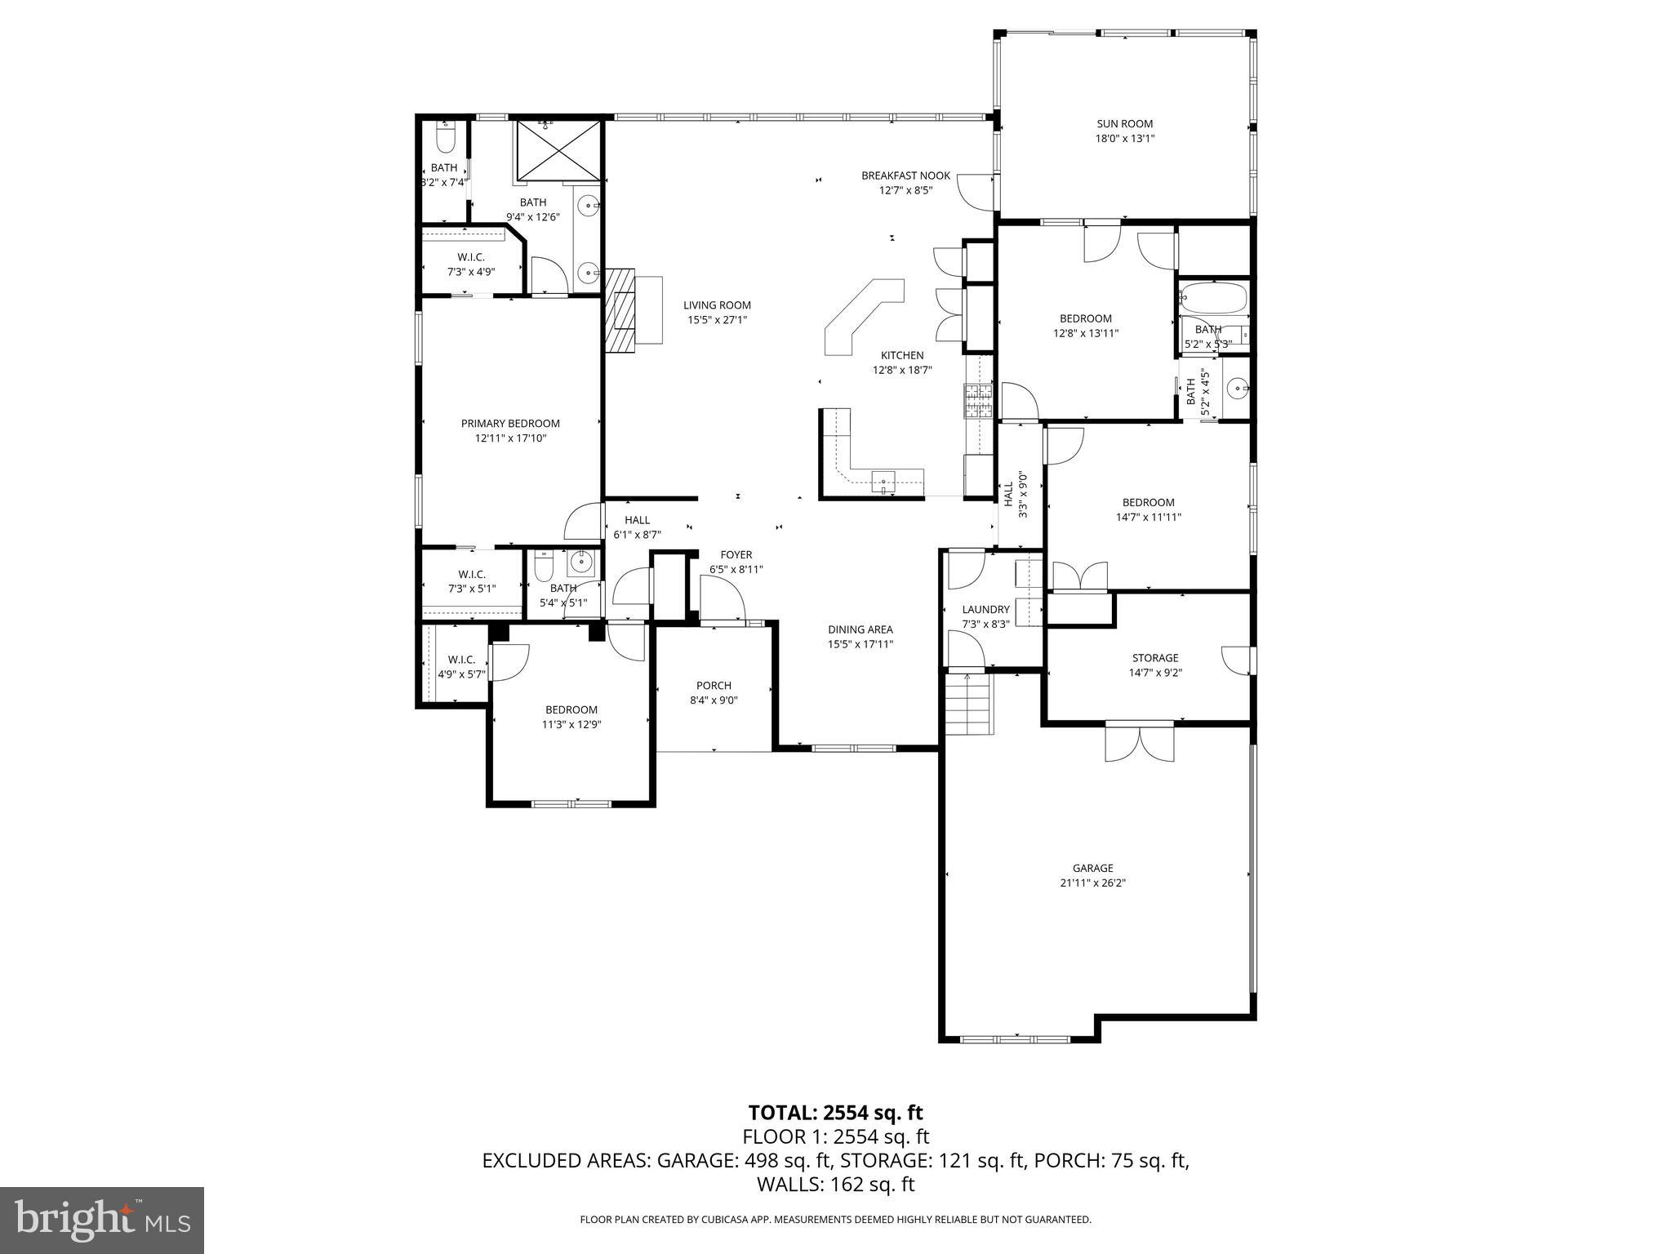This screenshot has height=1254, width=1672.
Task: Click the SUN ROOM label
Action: coord(1124,124)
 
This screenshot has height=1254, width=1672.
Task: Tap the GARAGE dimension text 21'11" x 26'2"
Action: coord(1092,883)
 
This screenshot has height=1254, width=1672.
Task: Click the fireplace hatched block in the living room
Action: coord(620,310)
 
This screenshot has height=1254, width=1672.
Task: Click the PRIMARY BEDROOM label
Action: coord(510,423)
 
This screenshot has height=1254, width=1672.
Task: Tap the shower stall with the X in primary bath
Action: coord(558,149)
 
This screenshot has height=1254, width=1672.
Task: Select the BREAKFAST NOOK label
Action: coord(905,176)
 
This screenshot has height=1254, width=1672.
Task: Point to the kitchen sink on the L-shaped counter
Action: coord(884,482)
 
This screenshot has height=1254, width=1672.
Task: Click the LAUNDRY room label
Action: coord(985,609)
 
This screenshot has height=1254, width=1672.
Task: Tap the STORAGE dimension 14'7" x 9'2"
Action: coord(1155,673)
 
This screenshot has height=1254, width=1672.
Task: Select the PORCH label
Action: coord(714,685)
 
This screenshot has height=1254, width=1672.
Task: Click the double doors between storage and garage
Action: coord(1140,743)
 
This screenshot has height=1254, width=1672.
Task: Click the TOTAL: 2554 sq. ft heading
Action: coord(835,1113)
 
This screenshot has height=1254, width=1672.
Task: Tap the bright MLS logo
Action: coord(102,1220)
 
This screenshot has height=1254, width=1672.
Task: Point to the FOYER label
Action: coord(736,554)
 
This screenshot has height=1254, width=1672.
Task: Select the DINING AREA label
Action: coord(860,629)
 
